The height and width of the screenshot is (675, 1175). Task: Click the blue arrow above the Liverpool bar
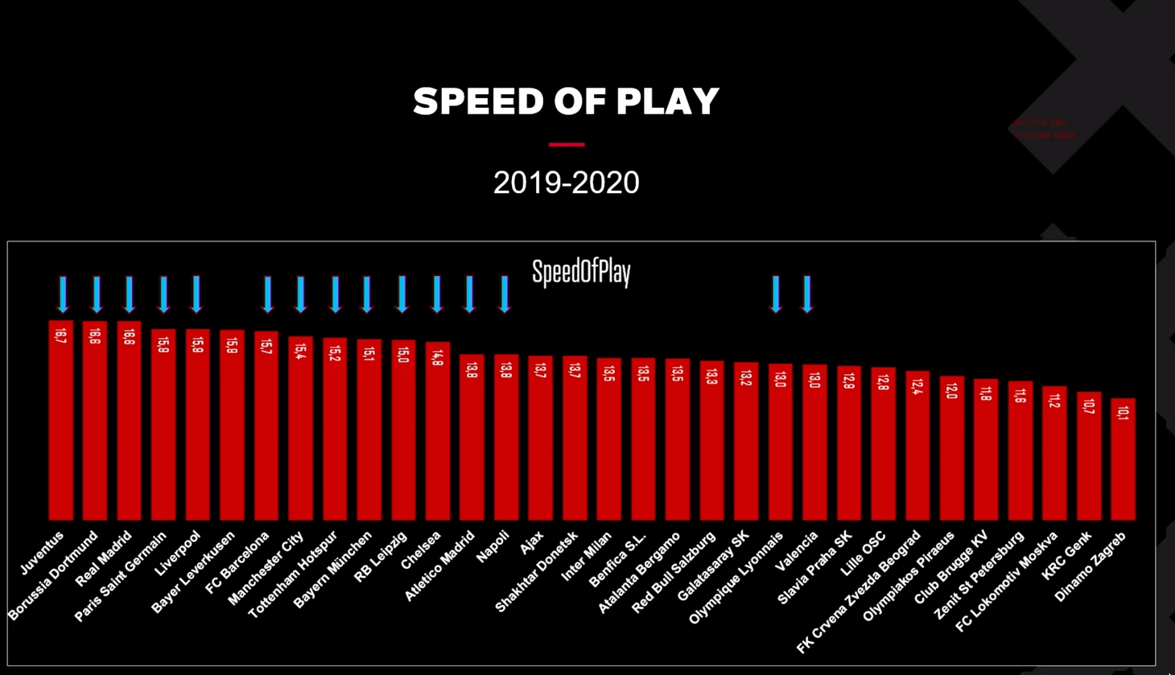[x=196, y=294]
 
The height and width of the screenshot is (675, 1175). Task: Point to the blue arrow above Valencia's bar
[x=807, y=294]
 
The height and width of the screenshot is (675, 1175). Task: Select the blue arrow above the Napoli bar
[x=505, y=294]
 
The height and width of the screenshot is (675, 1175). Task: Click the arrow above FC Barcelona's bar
[x=268, y=294]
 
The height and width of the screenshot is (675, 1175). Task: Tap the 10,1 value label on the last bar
[x=1123, y=413]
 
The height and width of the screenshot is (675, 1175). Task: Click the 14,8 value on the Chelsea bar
[x=438, y=357]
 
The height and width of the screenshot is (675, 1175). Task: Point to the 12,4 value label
[x=917, y=386]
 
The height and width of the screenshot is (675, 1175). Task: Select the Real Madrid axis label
[x=104, y=558]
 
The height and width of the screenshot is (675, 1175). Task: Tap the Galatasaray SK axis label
[x=713, y=566]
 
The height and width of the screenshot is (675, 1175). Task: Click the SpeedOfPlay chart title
[x=581, y=273]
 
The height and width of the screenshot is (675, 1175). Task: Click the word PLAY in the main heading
[x=667, y=101]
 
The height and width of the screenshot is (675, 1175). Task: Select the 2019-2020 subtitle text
[x=566, y=183]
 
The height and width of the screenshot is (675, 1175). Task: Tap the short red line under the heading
[x=567, y=145]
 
